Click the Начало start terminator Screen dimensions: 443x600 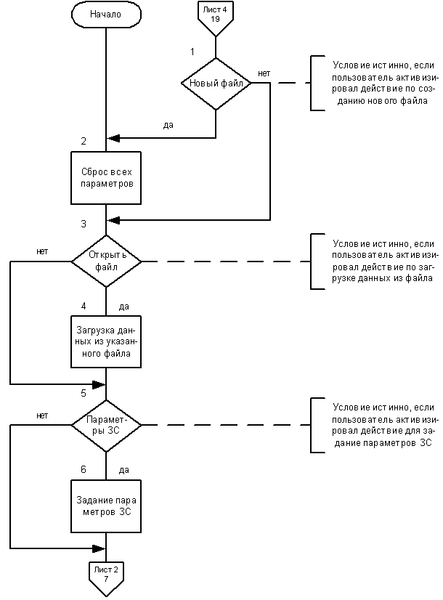[x=106, y=15]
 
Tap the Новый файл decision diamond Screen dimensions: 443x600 [x=216, y=84]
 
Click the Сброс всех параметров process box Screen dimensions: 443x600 [x=106, y=178]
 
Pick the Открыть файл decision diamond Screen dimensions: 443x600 [x=106, y=262]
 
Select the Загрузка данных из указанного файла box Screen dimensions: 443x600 [x=106, y=341]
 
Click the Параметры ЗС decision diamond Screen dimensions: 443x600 [x=106, y=425]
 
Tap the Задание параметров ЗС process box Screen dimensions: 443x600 [x=106, y=506]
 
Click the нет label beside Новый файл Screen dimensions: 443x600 [x=264, y=73]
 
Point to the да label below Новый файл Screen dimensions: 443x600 [x=168, y=125]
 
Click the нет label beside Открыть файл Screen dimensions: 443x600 [x=42, y=251]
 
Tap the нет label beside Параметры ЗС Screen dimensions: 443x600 [x=42, y=415]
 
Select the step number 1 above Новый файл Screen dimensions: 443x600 [x=192, y=52]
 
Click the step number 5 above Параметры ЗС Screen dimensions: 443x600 [x=84, y=394]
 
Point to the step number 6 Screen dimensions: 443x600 [x=84, y=469]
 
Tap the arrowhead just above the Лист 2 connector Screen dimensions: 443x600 [x=99, y=548]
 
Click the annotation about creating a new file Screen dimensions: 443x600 [x=383, y=83]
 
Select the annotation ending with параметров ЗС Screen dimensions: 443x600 [x=383, y=425]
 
